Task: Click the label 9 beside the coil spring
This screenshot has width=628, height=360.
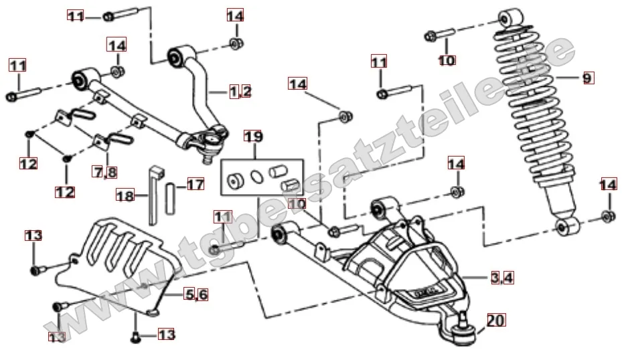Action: click(586, 78)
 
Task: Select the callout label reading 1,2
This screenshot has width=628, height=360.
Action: click(240, 92)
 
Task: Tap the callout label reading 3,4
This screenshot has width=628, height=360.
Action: click(501, 278)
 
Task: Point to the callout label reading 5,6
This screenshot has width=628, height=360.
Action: click(197, 294)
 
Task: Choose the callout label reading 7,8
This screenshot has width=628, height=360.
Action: click(105, 172)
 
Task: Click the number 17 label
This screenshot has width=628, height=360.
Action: click(195, 183)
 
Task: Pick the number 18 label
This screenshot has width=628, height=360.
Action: click(125, 196)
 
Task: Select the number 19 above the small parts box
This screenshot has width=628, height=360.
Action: click(253, 137)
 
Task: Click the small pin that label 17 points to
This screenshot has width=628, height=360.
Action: click(171, 195)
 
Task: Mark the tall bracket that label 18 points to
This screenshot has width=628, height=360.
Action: click(153, 194)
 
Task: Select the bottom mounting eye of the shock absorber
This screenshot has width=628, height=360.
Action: click(567, 226)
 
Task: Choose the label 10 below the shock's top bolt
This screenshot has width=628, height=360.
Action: click(447, 61)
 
